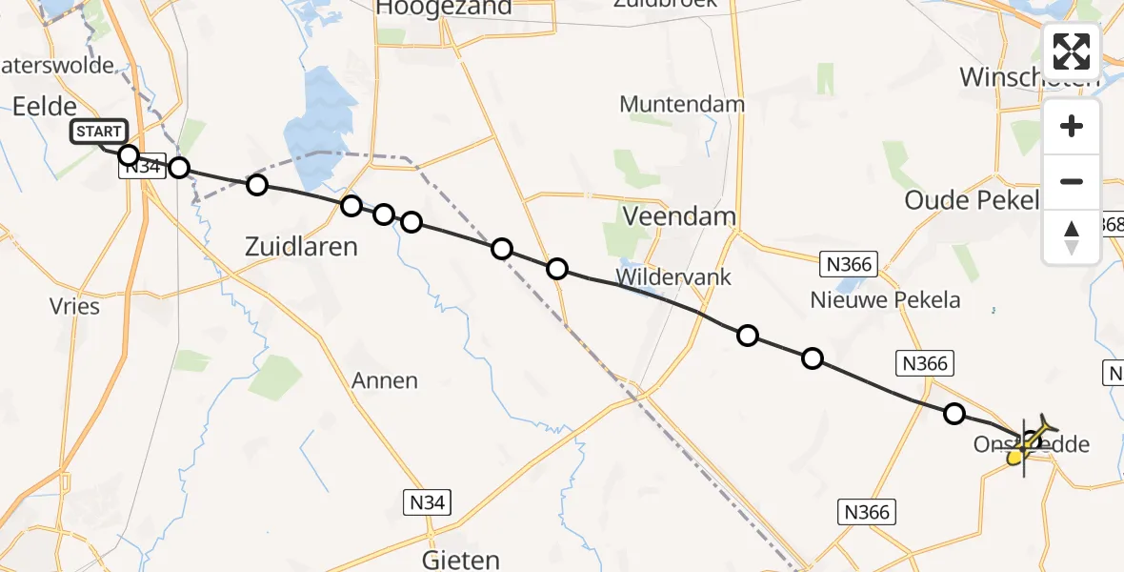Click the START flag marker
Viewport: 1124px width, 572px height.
97,132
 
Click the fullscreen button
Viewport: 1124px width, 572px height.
1072,51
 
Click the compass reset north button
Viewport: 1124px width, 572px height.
1072,237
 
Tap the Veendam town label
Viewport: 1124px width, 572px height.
679,216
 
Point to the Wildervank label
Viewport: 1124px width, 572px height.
673,277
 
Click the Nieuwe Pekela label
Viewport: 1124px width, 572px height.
885,300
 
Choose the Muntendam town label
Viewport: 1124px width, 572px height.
679,103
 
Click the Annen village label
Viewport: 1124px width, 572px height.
385,380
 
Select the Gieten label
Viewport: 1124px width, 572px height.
461,558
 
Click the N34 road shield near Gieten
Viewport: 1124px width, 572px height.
427,501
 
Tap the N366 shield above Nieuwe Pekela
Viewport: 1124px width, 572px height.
849,264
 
